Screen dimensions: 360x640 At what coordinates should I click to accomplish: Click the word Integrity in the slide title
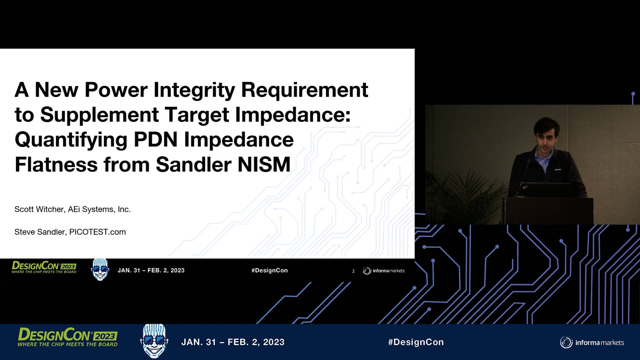[x=194, y=90]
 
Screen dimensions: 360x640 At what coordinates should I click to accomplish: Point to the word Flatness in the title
[x=56, y=165]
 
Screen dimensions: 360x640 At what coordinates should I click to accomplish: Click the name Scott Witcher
[x=39, y=209]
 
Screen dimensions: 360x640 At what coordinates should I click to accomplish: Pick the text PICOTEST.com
[x=97, y=232]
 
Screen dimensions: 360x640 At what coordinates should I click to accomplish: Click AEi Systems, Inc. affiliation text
[x=99, y=209]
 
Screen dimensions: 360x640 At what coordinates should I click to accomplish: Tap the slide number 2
[x=353, y=271]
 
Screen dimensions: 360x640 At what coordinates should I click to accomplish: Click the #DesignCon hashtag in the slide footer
[x=269, y=270]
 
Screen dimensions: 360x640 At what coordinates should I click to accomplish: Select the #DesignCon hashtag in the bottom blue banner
[x=416, y=342]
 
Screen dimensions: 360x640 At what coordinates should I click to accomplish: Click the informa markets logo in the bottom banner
[x=592, y=342]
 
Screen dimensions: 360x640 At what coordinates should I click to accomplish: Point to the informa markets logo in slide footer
[x=384, y=271]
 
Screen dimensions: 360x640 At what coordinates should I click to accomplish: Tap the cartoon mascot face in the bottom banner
[x=154, y=341]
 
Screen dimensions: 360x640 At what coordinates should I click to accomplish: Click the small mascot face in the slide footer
[x=100, y=269]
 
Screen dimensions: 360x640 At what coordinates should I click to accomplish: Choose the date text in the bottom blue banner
[x=233, y=342]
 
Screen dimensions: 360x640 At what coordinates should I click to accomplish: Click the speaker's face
[x=546, y=137]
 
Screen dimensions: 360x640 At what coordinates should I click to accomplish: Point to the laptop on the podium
[x=547, y=190]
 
